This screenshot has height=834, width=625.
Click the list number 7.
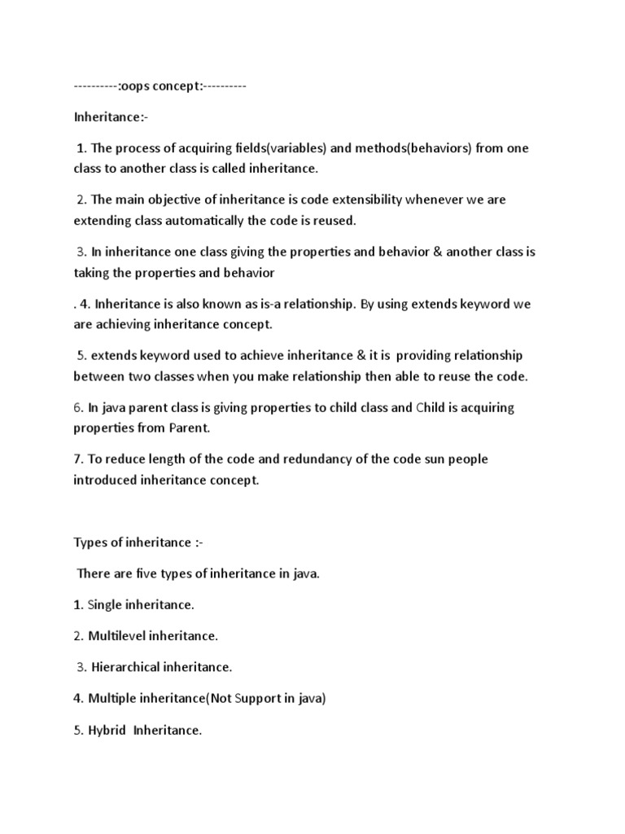coord(77,459)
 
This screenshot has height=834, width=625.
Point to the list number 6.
coord(77,407)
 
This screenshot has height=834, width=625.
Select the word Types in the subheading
coord(90,543)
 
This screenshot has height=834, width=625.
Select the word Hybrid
coord(107,731)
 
